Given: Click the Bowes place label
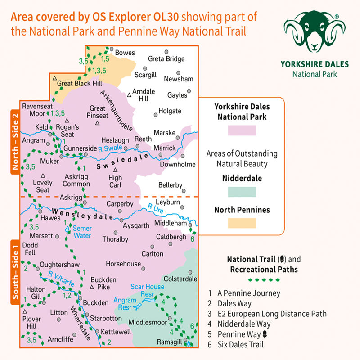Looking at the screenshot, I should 125,53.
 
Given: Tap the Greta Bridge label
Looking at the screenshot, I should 166,59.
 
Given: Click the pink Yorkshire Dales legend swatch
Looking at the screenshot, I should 242,131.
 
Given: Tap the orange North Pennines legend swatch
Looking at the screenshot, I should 242,223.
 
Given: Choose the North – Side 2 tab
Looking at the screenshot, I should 15,141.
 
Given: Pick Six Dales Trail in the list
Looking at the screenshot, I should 246,345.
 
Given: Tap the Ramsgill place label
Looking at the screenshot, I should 167,342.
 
